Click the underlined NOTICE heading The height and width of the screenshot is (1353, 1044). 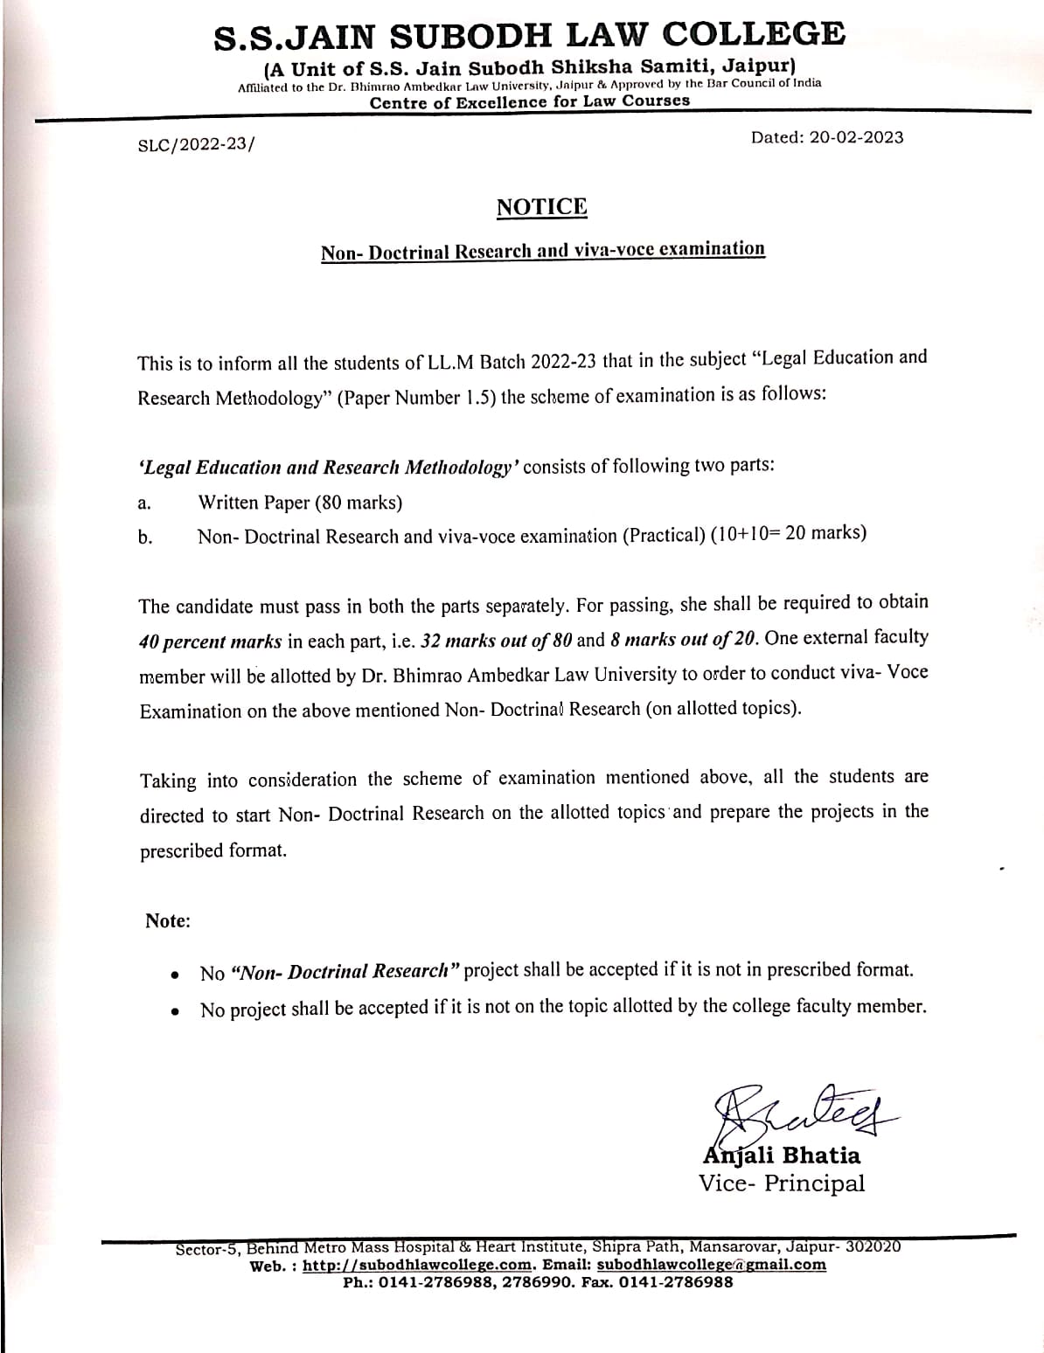click(x=541, y=207)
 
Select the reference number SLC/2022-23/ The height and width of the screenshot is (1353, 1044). click(x=198, y=146)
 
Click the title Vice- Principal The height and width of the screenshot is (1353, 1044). click(x=782, y=1183)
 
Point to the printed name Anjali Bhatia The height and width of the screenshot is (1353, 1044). click(x=782, y=1155)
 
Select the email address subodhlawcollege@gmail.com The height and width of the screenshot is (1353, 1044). click(x=712, y=1265)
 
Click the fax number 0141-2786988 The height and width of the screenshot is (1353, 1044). click(x=676, y=1282)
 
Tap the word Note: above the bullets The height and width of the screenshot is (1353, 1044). click(x=168, y=921)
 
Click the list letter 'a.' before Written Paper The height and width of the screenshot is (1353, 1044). click(x=145, y=503)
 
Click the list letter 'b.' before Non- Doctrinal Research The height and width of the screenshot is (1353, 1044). click(x=145, y=538)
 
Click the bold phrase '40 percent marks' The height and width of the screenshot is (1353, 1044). click(x=211, y=642)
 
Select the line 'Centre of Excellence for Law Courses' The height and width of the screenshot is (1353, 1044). click(x=529, y=101)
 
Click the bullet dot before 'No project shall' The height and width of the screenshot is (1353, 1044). click(x=177, y=1012)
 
